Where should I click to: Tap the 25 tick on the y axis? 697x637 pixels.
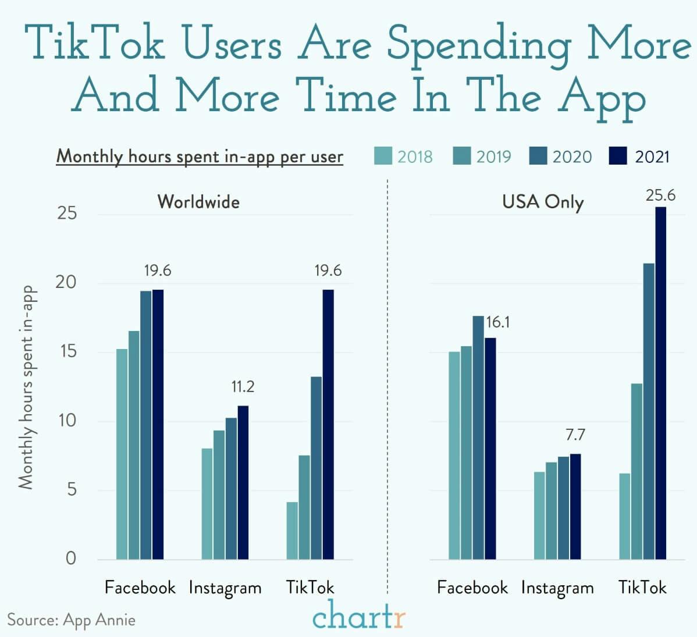pyautogui.click(x=67, y=213)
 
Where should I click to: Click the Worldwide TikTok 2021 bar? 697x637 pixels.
pyautogui.click(x=328, y=424)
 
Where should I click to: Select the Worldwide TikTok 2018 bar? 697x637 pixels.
pyautogui.click(x=292, y=530)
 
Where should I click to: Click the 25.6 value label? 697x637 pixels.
pyautogui.click(x=660, y=195)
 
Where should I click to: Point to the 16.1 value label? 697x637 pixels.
pyautogui.click(x=498, y=322)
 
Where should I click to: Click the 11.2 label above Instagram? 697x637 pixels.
pyautogui.click(x=243, y=387)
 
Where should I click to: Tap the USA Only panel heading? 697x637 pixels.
pyautogui.click(x=542, y=202)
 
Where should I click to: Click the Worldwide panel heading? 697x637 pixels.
pyautogui.click(x=198, y=201)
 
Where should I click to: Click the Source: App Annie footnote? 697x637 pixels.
pyautogui.click(x=71, y=620)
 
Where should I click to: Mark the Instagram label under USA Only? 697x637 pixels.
pyautogui.click(x=557, y=588)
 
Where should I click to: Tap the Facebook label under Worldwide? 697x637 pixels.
pyautogui.click(x=140, y=587)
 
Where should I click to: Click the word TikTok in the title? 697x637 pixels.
pyautogui.click(x=94, y=44)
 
